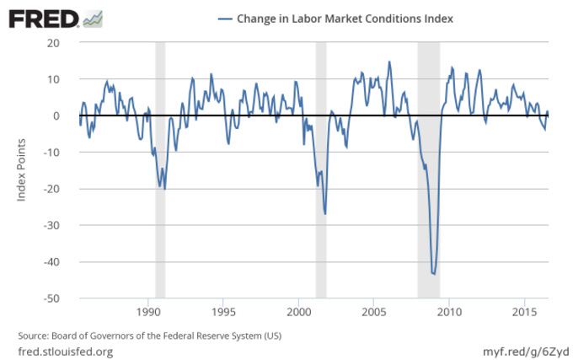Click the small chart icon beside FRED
click(x=94, y=18)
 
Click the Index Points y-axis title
click(x=22, y=170)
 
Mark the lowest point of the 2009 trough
click(x=434, y=273)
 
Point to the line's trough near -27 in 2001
click(x=325, y=214)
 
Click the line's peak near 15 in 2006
click(x=389, y=62)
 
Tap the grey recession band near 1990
click(x=160, y=169)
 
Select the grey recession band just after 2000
click(x=320, y=169)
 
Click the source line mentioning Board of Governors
click(x=149, y=335)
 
